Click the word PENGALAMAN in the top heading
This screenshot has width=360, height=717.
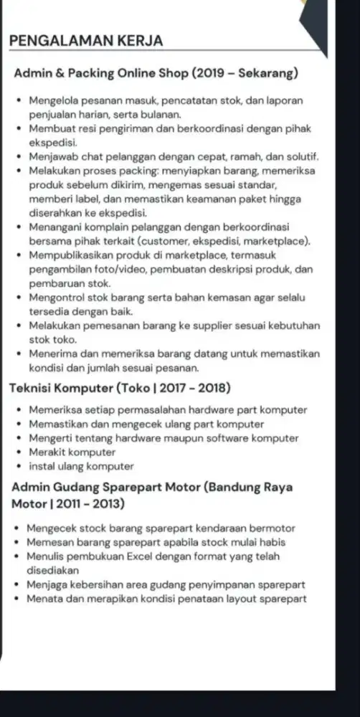pos(55,41)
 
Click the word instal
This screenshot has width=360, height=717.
pos(42,466)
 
